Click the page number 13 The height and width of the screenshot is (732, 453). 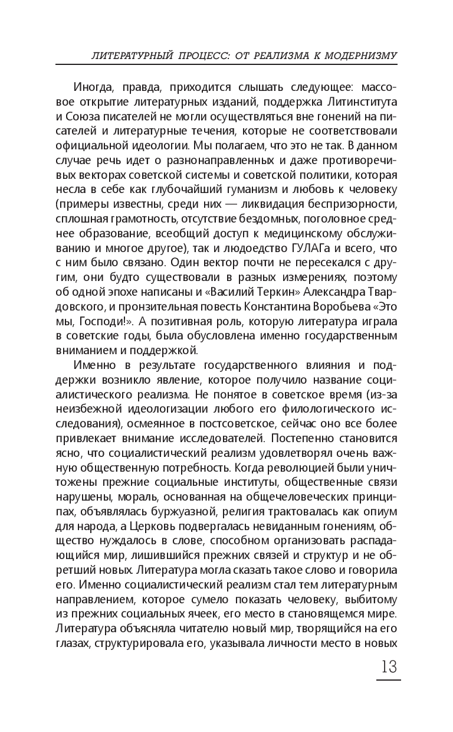click(386, 667)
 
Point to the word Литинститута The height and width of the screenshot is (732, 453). click(356, 104)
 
